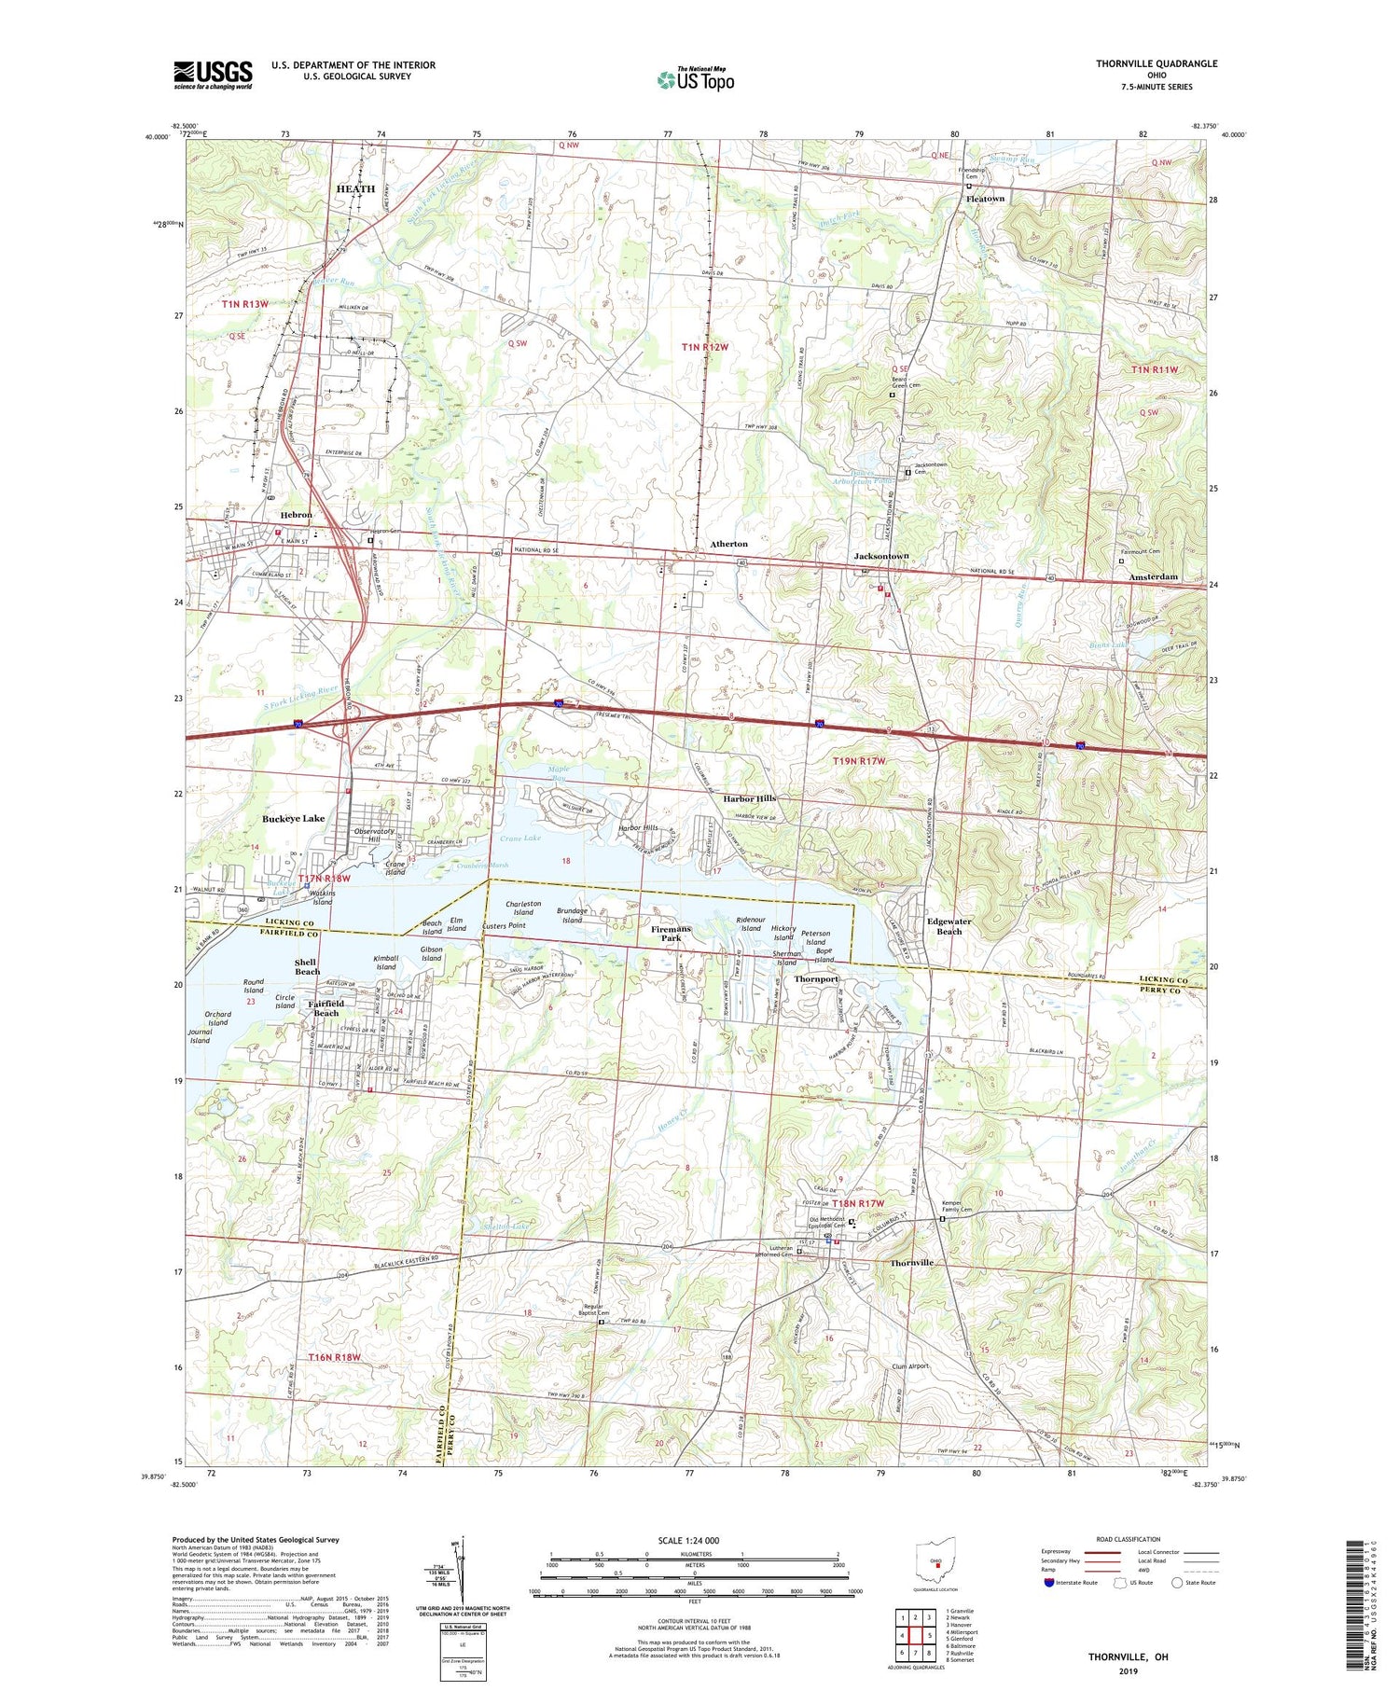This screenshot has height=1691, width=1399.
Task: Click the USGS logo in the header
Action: (x=213, y=75)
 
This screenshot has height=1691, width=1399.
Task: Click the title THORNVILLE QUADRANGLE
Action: (x=1157, y=63)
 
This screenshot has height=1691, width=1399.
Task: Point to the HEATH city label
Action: (x=354, y=188)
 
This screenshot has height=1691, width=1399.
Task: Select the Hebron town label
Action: (x=297, y=515)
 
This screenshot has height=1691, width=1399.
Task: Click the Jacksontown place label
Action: (x=881, y=556)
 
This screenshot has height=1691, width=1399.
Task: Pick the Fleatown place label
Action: (x=985, y=199)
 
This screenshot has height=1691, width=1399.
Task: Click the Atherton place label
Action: (x=728, y=544)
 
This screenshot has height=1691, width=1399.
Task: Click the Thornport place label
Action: (x=816, y=979)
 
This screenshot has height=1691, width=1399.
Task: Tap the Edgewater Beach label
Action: (x=949, y=926)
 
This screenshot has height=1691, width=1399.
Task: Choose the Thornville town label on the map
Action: (x=911, y=1263)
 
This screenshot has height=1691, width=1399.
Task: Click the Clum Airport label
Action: (x=904, y=1366)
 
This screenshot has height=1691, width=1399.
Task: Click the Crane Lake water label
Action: (x=519, y=839)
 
